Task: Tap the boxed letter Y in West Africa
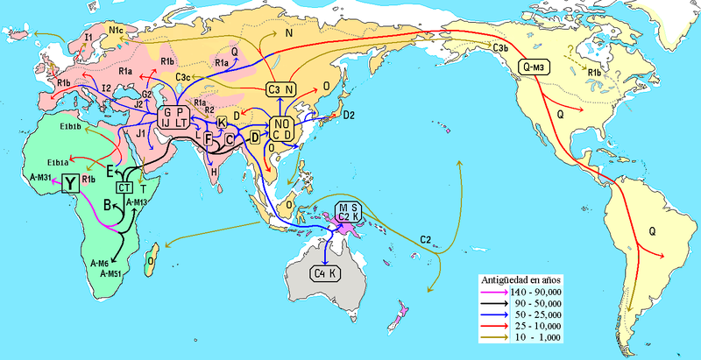pos(69,181)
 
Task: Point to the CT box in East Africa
pos(124,187)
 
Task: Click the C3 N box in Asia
pos(282,88)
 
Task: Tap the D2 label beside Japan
pos(349,115)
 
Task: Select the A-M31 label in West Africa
pos(41,179)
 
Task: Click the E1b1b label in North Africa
pos(71,128)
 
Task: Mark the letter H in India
pos(215,173)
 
